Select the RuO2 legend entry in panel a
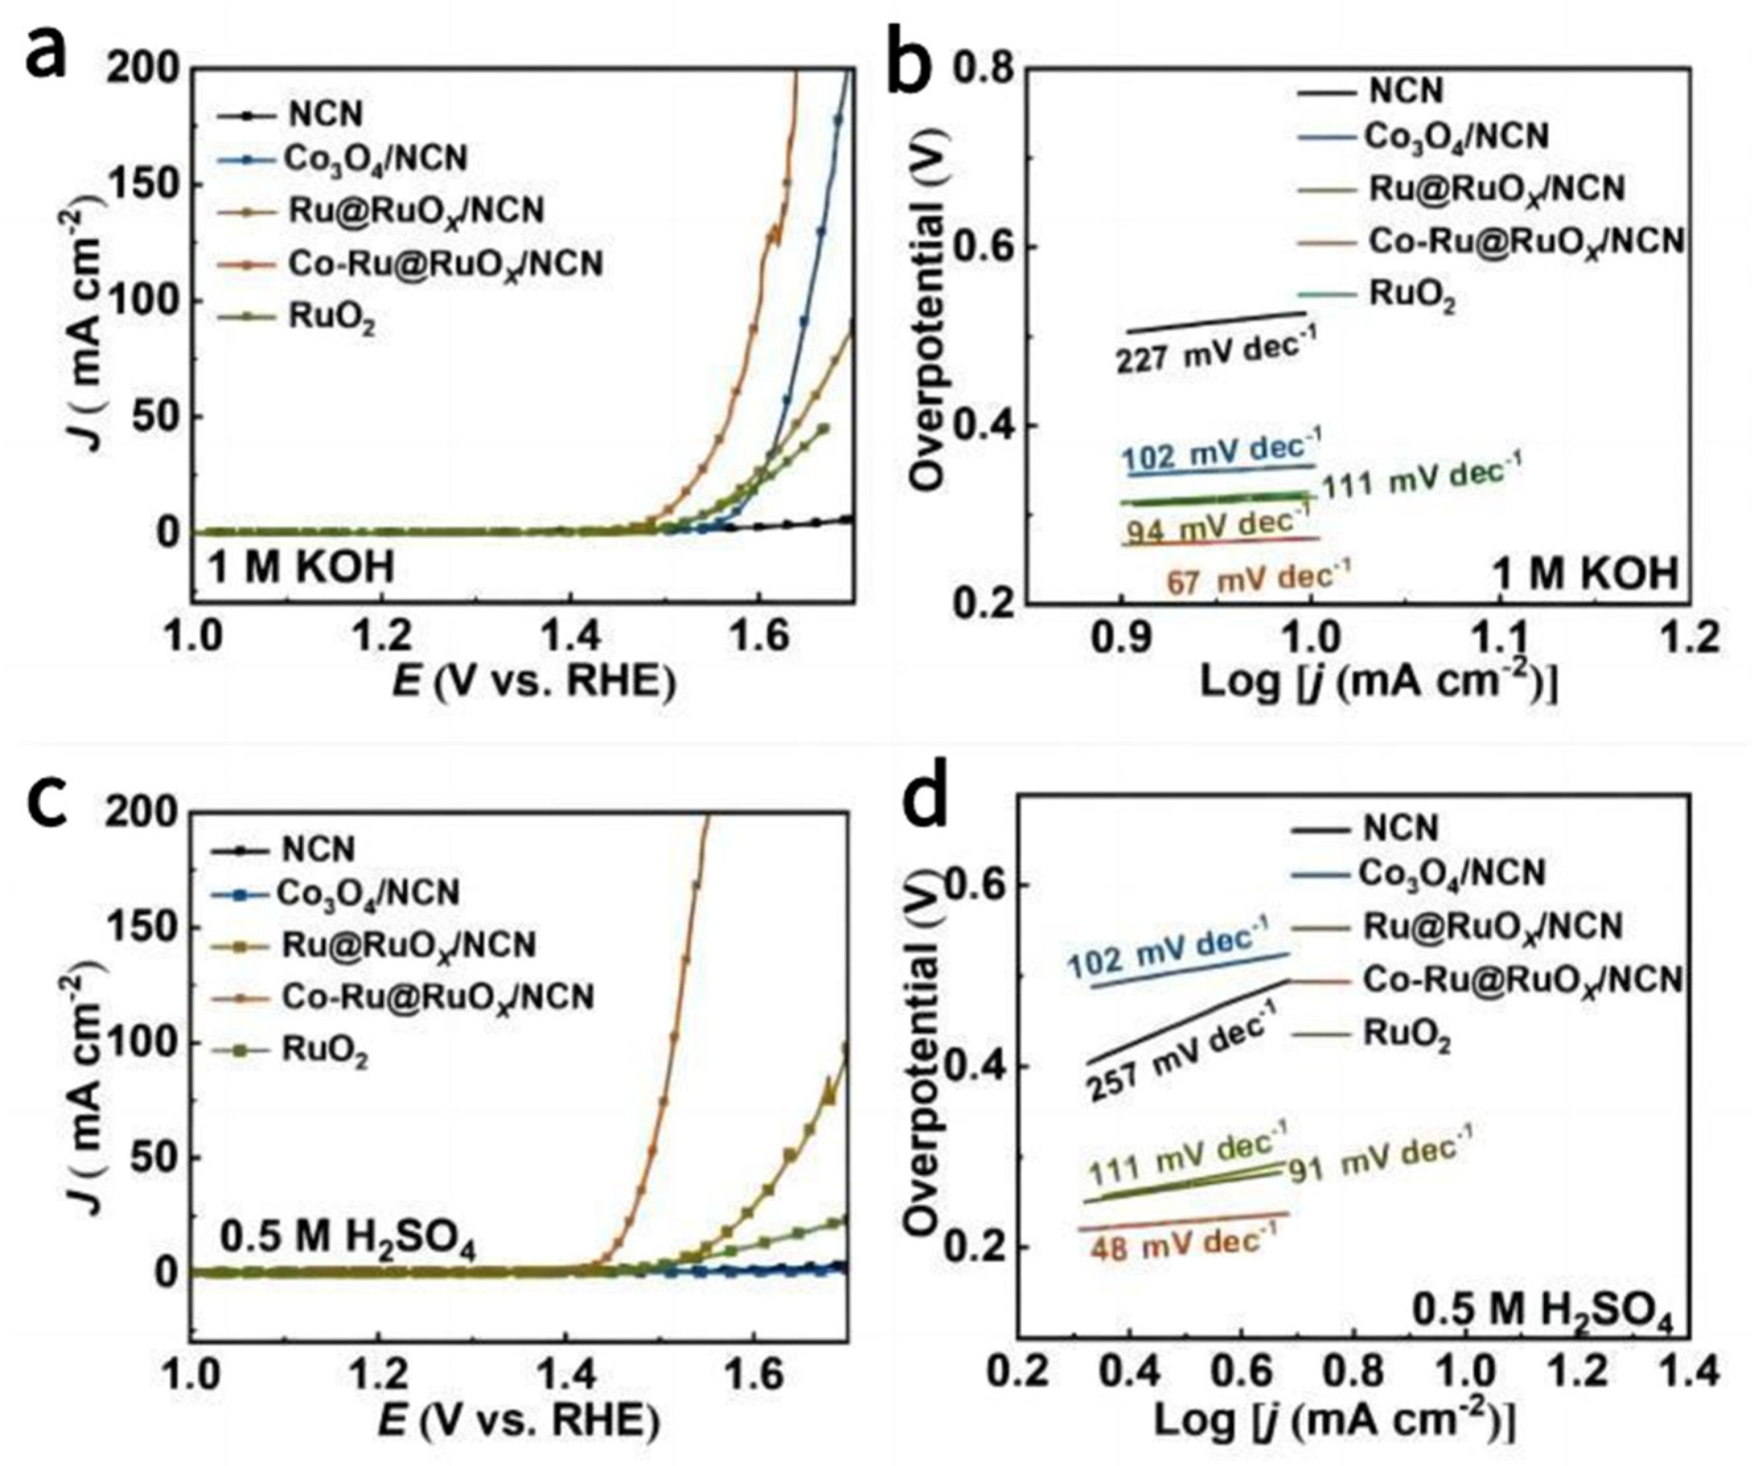click(x=332, y=318)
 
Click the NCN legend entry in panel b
click(x=1406, y=90)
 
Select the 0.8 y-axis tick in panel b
click(x=980, y=69)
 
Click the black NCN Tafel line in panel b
click(x=1218, y=322)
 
